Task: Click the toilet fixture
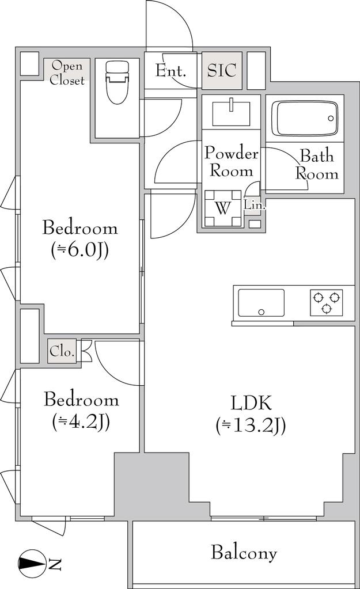tap(118, 82)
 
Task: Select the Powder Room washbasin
tap(231, 113)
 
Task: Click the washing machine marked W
tap(223, 208)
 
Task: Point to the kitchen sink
tap(261, 303)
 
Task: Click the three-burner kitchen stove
tap(326, 302)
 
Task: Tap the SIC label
tap(222, 70)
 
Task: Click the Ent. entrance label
tap(170, 71)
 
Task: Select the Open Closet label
tap(67, 73)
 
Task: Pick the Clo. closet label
tap(62, 352)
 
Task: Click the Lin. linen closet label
tap(255, 206)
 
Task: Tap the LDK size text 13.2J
tap(251, 426)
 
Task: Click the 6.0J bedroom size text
tap(80, 250)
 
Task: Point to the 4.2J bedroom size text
tap(81, 422)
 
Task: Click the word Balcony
tap(244, 553)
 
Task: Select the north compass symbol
tap(32, 564)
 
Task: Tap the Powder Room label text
tap(231, 162)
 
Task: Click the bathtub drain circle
tap(331, 119)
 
